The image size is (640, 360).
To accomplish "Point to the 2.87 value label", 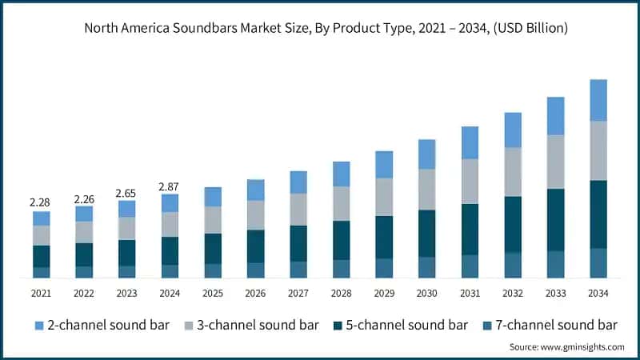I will pyautogui.click(x=170, y=186).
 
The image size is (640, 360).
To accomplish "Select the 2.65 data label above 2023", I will pyautogui.click(x=126, y=193).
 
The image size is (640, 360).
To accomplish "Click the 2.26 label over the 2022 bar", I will pyautogui.click(x=84, y=199).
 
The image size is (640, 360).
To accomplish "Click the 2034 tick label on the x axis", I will pyautogui.click(x=598, y=294).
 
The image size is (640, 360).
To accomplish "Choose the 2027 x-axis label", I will pyautogui.click(x=298, y=294).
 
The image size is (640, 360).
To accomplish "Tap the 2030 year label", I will pyautogui.click(x=427, y=294).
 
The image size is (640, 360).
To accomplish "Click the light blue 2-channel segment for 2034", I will pyautogui.click(x=598, y=100).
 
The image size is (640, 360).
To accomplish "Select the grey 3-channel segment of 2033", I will pyautogui.click(x=555, y=162).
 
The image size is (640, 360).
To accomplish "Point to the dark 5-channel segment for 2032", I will pyautogui.click(x=513, y=224).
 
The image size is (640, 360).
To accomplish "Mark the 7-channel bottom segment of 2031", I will pyautogui.click(x=470, y=266).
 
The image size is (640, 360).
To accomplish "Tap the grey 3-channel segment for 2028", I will pyautogui.click(x=342, y=203).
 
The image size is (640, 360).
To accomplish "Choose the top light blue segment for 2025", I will pyautogui.click(x=213, y=197).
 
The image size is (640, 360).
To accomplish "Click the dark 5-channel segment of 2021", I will pyautogui.click(x=41, y=256).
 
